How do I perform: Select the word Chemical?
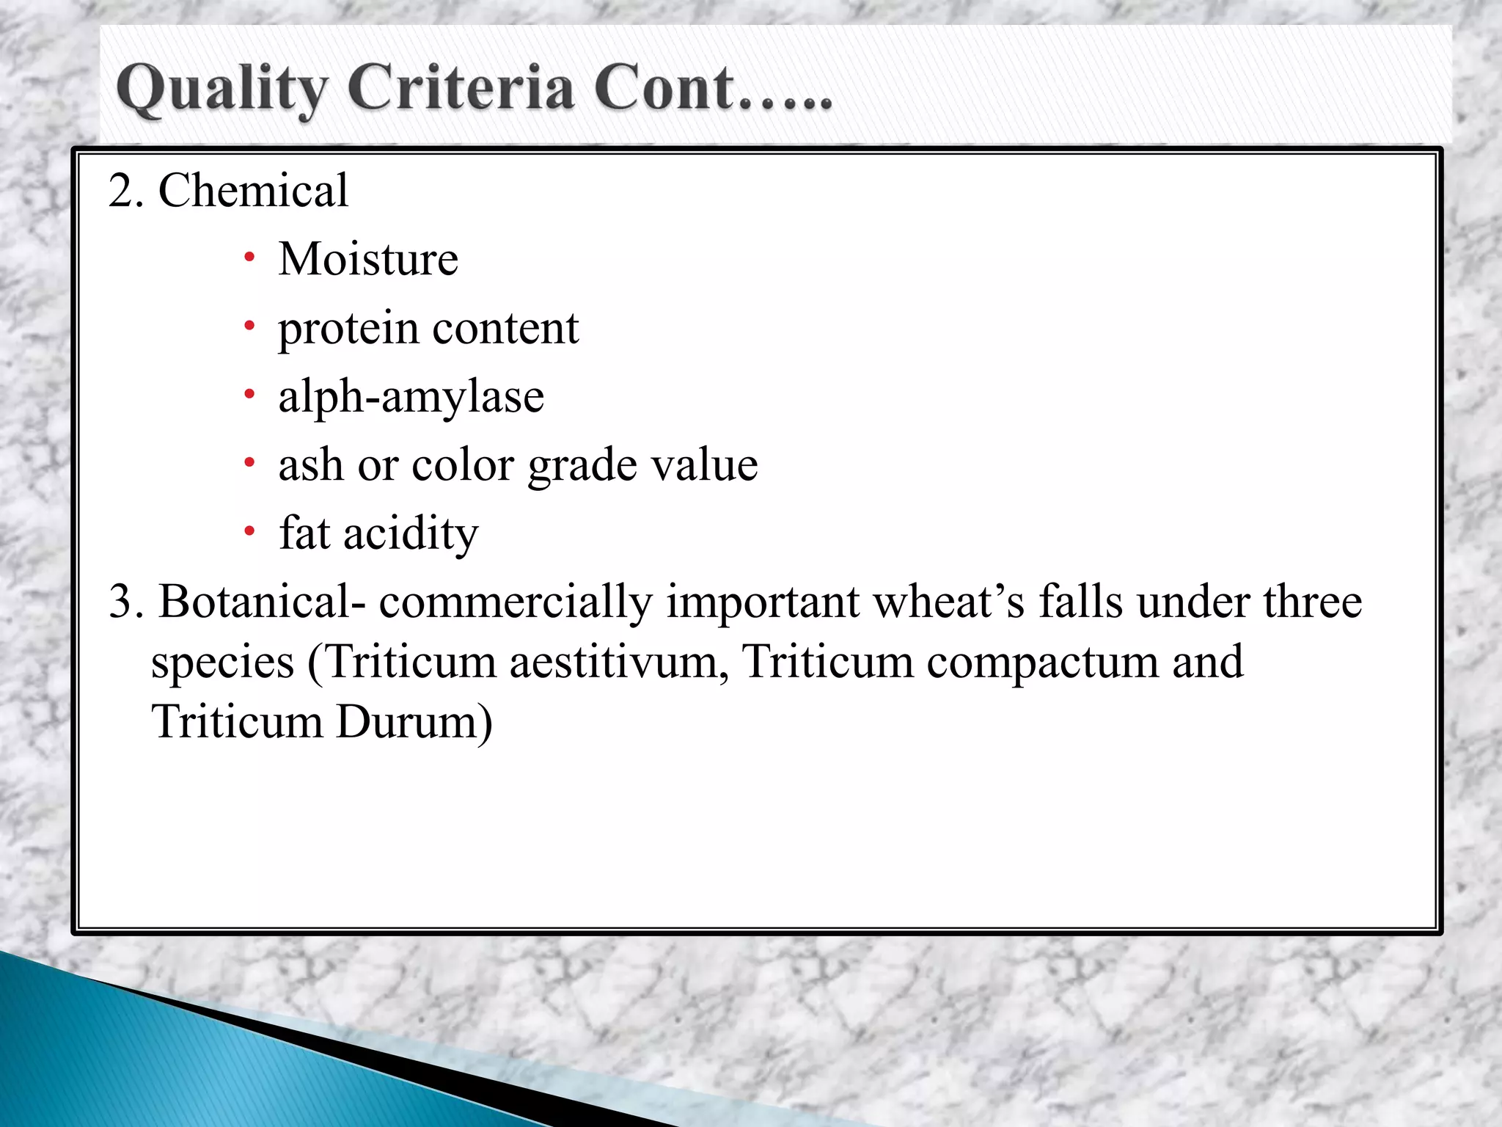tap(253, 191)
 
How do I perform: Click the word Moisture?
tap(368, 259)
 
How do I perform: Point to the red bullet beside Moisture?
tap(250, 258)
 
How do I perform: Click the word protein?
tap(348, 328)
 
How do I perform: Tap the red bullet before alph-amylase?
tap(250, 395)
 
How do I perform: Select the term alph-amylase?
tap(411, 397)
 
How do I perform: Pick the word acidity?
tap(411, 533)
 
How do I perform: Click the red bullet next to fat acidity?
tap(250, 530)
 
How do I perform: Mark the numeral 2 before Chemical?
tap(123, 191)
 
